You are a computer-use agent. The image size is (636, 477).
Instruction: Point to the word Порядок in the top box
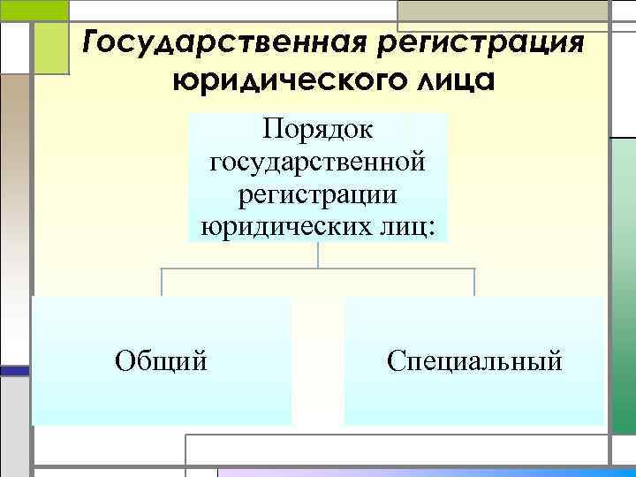(x=318, y=131)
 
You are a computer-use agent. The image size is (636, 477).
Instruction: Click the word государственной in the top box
(x=318, y=163)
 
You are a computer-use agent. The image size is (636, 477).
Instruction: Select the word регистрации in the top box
(x=318, y=194)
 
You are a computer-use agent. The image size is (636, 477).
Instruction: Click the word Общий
(x=162, y=360)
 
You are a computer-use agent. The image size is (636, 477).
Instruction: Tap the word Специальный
(x=474, y=360)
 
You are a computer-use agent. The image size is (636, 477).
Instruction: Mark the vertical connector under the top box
(x=318, y=255)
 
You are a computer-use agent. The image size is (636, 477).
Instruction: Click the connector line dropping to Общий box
(x=162, y=282)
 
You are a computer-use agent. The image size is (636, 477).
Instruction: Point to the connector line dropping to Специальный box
(x=474, y=282)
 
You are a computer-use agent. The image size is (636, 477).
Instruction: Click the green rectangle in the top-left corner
(x=34, y=10)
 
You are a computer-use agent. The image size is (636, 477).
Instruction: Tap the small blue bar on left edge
(x=13, y=372)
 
